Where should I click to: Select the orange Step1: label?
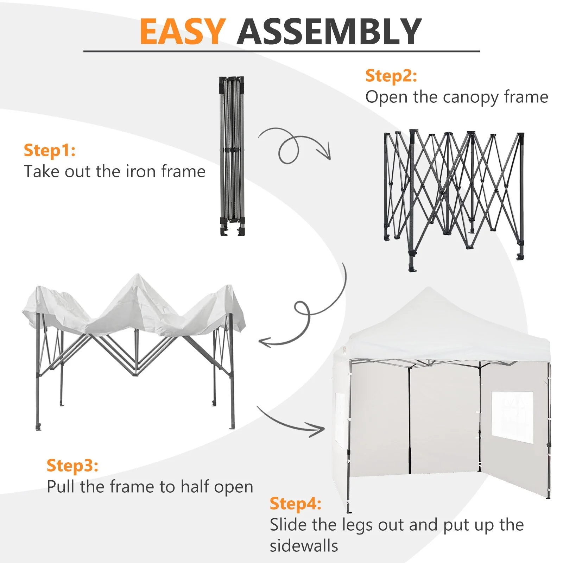pyautogui.click(x=50, y=151)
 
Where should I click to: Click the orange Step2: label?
pyautogui.click(x=391, y=76)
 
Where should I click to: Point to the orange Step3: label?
pyautogui.click(x=72, y=466)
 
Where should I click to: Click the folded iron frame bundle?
pyautogui.click(x=232, y=156)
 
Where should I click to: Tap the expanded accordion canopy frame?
pyautogui.click(x=454, y=200)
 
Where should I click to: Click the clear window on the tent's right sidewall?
pyautogui.click(x=512, y=418)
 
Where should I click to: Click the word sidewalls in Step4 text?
pyautogui.click(x=304, y=546)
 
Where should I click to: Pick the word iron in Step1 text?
pyautogui.click(x=141, y=172)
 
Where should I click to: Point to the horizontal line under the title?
pyautogui.click(x=281, y=51)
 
